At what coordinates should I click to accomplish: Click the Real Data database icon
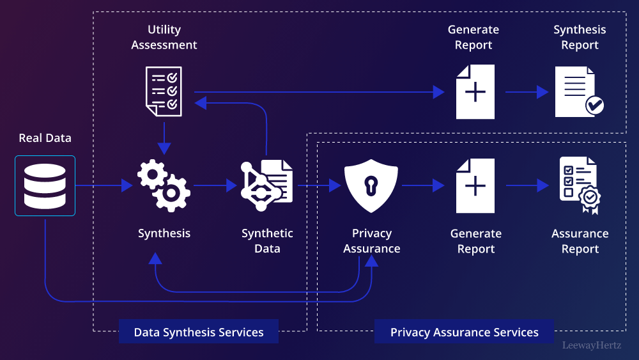click(45, 185)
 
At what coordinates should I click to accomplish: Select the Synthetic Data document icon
click(267, 185)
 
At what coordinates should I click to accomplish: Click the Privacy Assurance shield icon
click(371, 185)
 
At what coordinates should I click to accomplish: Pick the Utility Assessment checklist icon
click(164, 91)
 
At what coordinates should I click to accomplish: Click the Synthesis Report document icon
click(579, 91)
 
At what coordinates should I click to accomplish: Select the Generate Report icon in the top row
click(475, 91)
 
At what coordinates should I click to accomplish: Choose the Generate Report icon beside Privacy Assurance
click(475, 185)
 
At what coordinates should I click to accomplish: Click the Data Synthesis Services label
click(199, 332)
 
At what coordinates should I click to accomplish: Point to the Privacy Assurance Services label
click(465, 332)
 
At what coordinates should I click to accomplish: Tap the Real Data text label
click(45, 138)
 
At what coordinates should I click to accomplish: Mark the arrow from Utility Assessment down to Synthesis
click(164, 137)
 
